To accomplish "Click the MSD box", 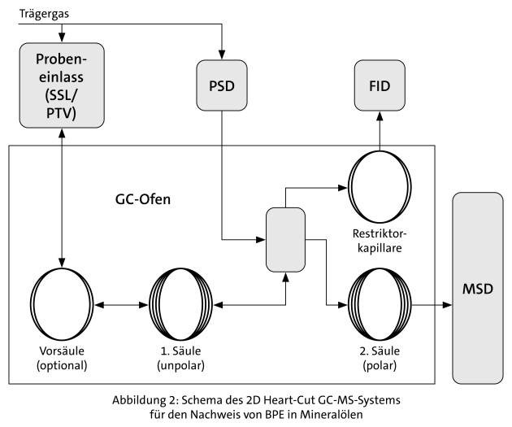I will pyautogui.click(x=477, y=289).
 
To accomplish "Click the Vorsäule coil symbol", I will pyautogui.click(x=63, y=305).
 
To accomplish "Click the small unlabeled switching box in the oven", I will pyautogui.click(x=284, y=240).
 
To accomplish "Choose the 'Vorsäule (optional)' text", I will pyautogui.click(x=62, y=357).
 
